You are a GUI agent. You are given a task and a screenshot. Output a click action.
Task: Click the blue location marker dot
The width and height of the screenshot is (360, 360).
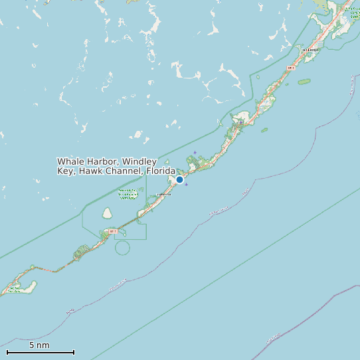[179, 179]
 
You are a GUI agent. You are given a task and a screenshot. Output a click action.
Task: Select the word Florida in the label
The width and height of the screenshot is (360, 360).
[161, 171]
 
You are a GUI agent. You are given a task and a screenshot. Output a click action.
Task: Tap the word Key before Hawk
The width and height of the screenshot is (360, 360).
[66, 171]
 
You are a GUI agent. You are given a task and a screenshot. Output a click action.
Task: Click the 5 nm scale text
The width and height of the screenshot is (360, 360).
[39, 345]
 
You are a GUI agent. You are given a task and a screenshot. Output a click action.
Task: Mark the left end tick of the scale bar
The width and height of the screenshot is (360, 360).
[7, 352]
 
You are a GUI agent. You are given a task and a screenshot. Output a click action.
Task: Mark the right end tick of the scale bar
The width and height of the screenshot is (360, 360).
[74, 352]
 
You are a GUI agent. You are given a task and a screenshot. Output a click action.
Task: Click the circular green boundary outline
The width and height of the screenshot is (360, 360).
[122, 248]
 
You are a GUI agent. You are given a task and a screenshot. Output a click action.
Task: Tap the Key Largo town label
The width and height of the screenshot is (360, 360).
[310, 49]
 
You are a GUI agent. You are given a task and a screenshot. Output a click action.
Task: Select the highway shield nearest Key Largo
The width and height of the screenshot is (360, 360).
[290, 68]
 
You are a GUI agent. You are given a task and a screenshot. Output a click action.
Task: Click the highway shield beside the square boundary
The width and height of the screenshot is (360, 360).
[113, 231]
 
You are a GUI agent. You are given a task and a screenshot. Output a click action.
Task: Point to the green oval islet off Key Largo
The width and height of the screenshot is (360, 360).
[304, 82]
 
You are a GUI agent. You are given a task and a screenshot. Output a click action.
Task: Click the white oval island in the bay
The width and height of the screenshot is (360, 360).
[107, 213]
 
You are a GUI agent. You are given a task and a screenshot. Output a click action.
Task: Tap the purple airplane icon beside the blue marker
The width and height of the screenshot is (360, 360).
[186, 184]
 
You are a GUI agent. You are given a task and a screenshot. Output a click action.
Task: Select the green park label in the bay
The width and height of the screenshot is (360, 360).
[128, 193]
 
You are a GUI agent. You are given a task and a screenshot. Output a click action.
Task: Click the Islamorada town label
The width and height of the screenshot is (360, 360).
[163, 194]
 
